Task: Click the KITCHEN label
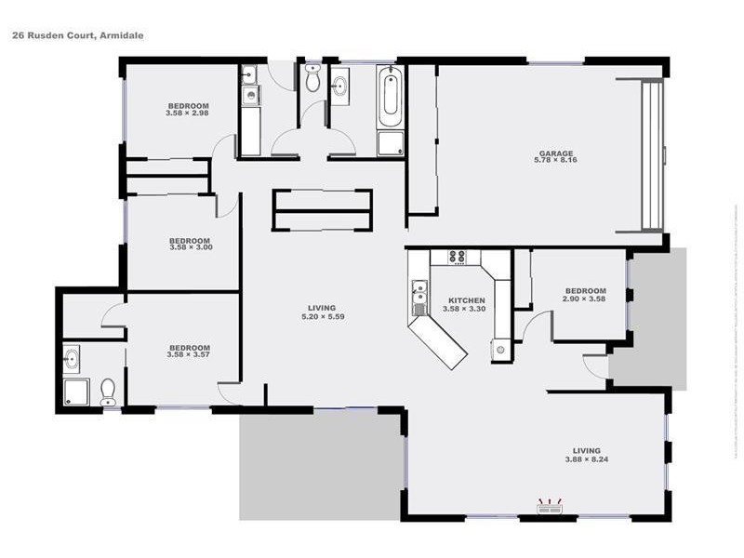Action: tap(467, 300)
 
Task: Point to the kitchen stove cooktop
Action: tap(457, 257)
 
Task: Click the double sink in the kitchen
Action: tap(419, 298)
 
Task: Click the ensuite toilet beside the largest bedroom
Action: tap(108, 392)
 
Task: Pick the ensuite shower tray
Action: tap(75, 391)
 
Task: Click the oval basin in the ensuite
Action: tap(72, 357)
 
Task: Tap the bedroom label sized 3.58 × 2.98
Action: tap(187, 105)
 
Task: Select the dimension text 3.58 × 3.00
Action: tap(191, 247)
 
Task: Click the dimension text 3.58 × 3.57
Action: tap(188, 354)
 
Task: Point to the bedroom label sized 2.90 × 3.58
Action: tap(585, 291)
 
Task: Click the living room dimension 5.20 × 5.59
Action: tap(322, 316)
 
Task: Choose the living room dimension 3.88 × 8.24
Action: tap(586, 458)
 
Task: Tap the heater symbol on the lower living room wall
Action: tap(550, 508)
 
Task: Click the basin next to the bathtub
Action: tap(339, 87)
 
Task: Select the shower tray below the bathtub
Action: tap(390, 144)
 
